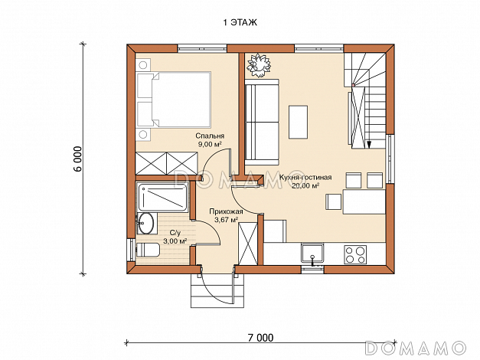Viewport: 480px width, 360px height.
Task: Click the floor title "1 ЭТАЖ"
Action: (x=240, y=22)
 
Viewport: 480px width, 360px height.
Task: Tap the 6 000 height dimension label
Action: (x=78, y=159)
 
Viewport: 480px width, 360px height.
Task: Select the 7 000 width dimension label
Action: (x=260, y=338)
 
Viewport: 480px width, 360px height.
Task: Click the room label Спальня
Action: (x=210, y=136)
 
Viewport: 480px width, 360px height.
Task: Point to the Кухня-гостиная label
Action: (x=305, y=178)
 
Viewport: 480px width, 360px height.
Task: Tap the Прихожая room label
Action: (x=227, y=211)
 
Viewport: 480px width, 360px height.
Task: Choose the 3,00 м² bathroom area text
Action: (x=175, y=241)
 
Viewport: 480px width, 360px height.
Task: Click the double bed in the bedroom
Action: (x=174, y=100)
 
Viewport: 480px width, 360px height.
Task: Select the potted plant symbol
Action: (x=259, y=65)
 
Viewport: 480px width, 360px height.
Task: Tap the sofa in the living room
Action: (x=262, y=122)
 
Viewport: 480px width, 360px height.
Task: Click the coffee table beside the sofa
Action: (x=298, y=122)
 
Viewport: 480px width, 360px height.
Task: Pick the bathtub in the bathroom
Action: (x=162, y=198)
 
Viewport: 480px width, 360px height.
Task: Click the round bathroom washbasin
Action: (x=145, y=223)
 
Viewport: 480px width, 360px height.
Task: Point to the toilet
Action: (x=148, y=250)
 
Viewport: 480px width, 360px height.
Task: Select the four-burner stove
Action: (x=355, y=254)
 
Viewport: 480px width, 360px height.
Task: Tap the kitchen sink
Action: (x=312, y=254)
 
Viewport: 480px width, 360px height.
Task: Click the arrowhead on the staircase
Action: (x=369, y=144)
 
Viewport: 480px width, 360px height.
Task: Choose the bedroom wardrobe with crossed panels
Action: (x=167, y=163)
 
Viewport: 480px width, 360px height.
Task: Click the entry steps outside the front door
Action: (x=217, y=290)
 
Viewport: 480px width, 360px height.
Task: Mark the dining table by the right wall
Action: (x=364, y=201)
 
